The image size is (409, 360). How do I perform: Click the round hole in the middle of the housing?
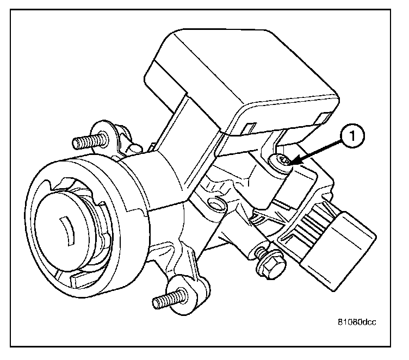(x=216, y=203)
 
